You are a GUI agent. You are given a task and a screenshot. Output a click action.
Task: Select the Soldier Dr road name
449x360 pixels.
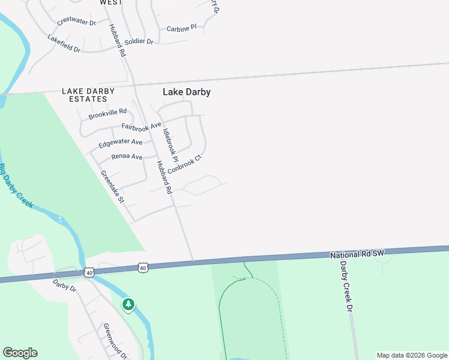[139, 41]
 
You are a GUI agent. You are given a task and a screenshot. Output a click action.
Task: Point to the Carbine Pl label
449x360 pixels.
[181, 28]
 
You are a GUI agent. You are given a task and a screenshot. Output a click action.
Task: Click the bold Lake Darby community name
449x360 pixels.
[187, 92]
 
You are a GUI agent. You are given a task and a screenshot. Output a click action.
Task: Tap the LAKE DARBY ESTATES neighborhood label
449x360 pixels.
[88, 95]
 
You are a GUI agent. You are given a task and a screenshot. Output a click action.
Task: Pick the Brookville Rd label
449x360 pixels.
[107, 112]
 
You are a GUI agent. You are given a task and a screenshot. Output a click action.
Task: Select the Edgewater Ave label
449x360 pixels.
[121, 142]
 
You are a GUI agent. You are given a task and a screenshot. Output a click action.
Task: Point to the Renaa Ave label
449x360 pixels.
[127, 157]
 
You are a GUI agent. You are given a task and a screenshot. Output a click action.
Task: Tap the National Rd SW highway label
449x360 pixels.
[357, 254]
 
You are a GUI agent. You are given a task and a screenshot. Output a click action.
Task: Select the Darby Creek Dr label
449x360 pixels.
[345, 286]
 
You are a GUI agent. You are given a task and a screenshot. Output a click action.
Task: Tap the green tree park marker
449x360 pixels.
[128, 304]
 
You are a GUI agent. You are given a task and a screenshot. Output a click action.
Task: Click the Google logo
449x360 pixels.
[20, 352]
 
